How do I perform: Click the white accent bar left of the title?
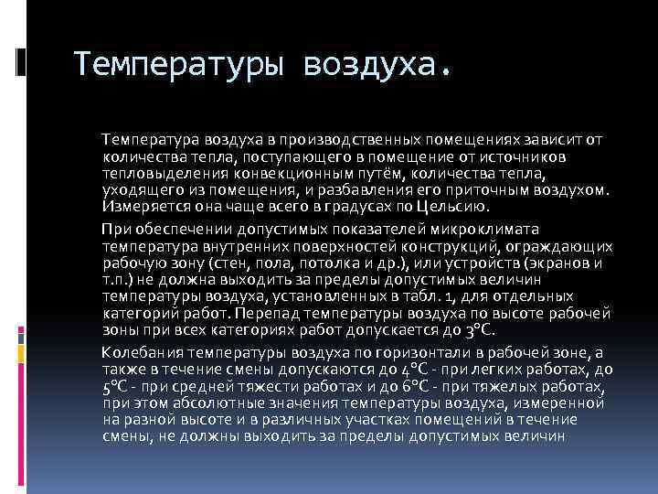click(19, 61)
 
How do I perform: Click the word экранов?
click(557, 263)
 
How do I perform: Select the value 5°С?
click(116, 385)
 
